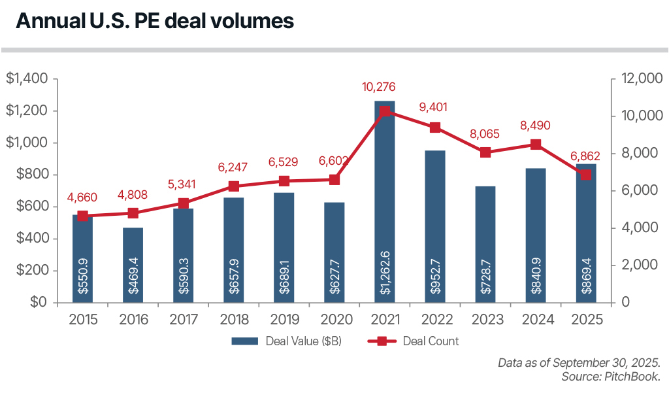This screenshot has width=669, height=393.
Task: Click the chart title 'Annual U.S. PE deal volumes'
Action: click(x=154, y=21)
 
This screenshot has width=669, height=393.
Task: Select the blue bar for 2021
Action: click(x=384, y=196)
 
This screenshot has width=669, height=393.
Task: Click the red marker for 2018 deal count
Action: click(x=233, y=186)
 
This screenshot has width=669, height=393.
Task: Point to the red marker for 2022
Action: click(x=434, y=128)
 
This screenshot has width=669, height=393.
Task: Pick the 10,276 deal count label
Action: click(x=380, y=87)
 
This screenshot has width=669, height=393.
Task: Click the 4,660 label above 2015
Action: click(x=82, y=197)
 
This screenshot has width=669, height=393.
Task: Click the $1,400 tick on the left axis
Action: click(x=27, y=79)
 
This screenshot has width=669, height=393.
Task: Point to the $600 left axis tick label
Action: click(x=31, y=207)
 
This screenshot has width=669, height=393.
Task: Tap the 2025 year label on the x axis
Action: click(x=585, y=320)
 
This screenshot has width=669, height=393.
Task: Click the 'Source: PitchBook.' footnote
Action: click(x=611, y=377)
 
